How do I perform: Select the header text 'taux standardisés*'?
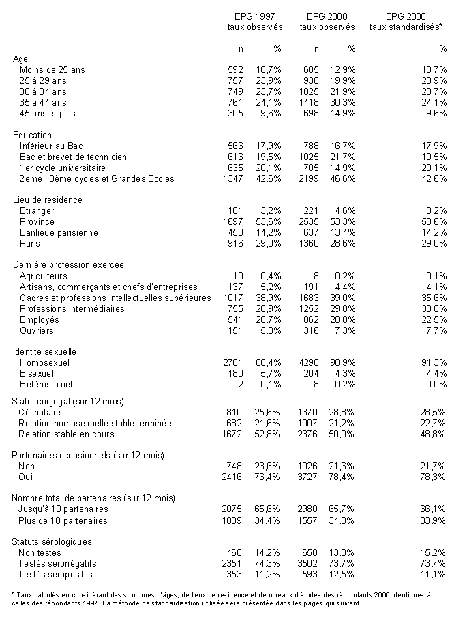406,27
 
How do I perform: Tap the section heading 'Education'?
33,136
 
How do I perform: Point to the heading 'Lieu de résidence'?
48,200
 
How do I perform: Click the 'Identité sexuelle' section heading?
45,352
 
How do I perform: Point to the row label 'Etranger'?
37,211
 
